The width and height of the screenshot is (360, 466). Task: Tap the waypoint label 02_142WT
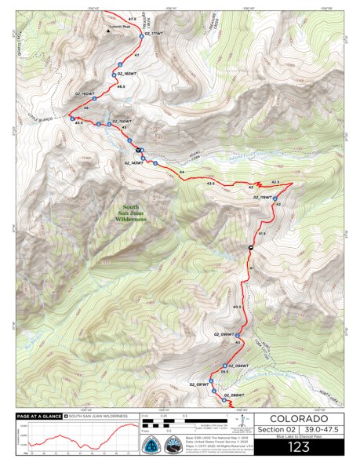(x=134, y=162)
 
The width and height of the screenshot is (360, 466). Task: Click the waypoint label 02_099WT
(x=224, y=335)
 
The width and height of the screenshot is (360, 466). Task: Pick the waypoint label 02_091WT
(x=198, y=384)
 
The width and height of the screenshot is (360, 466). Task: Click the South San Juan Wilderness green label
(x=131, y=211)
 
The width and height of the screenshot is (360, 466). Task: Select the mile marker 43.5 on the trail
(x=210, y=184)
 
